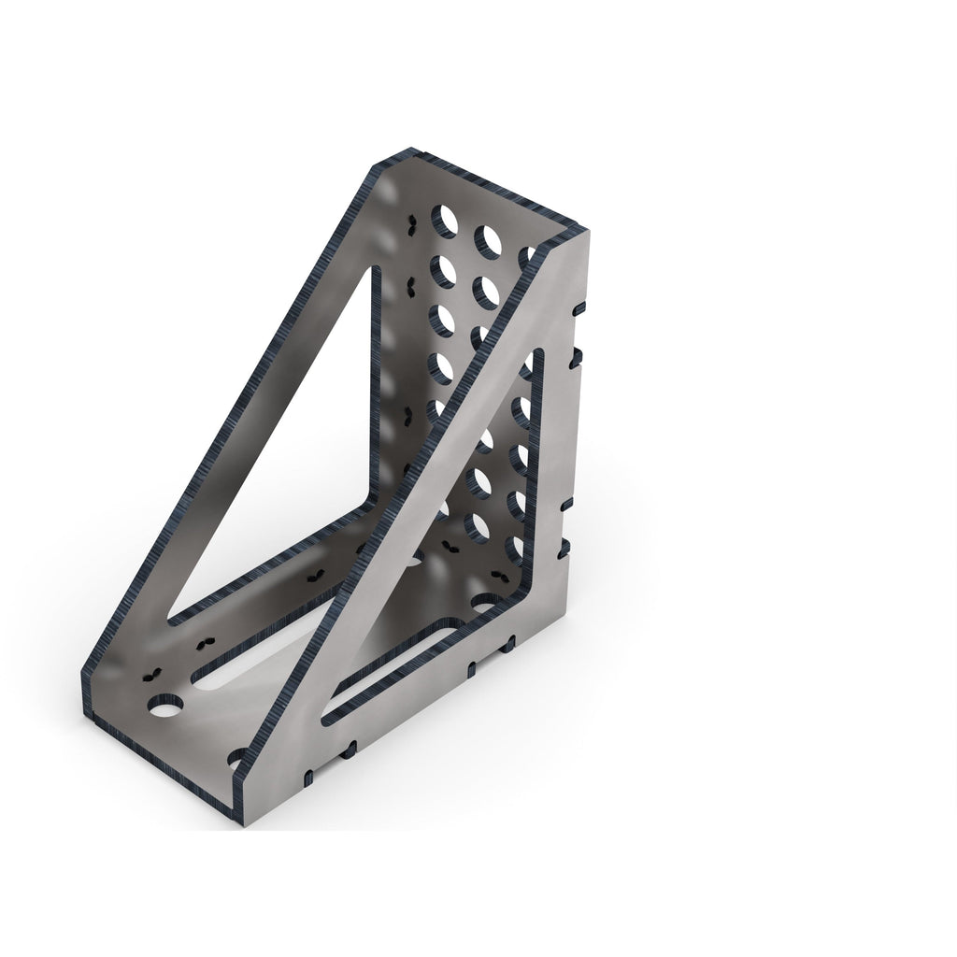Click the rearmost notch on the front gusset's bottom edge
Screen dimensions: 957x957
pos(509,644)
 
